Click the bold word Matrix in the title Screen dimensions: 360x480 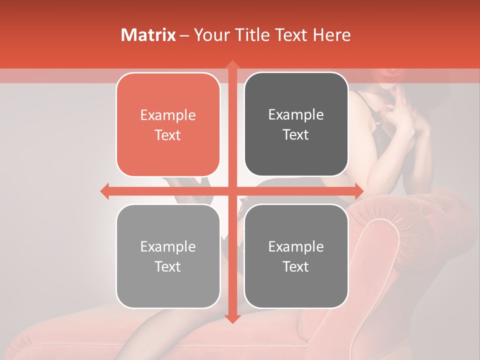(x=148, y=35)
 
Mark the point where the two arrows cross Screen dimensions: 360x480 (x=232, y=191)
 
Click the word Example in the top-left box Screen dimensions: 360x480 (x=168, y=115)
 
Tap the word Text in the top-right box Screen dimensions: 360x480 (x=296, y=134)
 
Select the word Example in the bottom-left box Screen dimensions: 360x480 (x=168, y=246)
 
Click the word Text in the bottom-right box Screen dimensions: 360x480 (x=296, y=266)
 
